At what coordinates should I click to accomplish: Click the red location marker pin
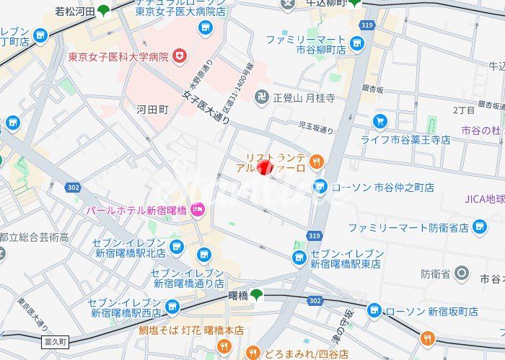pos(265,168)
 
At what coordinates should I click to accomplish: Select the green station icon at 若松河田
pos(105,10)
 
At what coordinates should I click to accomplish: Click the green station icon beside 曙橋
pos(257,294)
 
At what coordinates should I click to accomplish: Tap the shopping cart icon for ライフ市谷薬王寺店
pos(379,120)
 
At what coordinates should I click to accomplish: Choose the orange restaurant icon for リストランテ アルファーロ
pos(317,161)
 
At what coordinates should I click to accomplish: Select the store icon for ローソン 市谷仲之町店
pos(320,187)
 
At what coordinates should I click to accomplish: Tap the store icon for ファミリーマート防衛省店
pos(480,228)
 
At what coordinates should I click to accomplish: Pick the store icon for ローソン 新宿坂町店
pos(374,310)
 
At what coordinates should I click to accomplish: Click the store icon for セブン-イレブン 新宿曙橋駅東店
pos(299,258)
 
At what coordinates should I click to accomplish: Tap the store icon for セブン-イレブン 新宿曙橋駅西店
pos(172,308)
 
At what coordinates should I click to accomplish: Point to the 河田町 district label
pos(152,110)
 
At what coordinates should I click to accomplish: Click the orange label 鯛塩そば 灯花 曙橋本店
pos(191,330)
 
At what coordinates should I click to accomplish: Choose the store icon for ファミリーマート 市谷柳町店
pos(356,45)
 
